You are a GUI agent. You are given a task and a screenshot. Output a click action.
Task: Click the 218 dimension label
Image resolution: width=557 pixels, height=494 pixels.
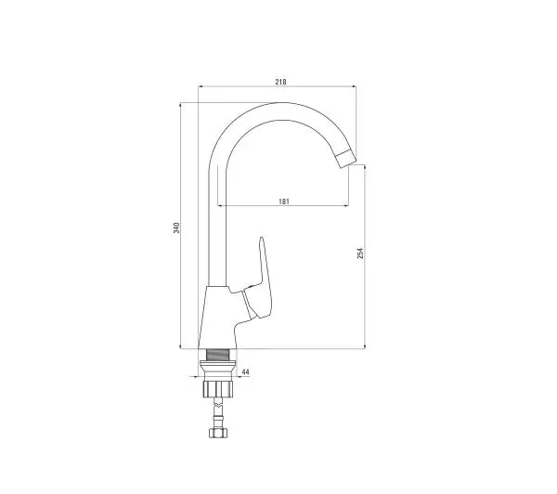pos(280,82)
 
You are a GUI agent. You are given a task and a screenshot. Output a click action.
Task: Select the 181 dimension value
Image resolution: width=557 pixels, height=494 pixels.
pos(284,201)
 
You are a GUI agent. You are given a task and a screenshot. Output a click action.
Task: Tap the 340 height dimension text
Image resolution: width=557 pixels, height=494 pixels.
pos(176,227)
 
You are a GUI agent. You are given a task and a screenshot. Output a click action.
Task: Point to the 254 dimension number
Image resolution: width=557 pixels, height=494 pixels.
pos(360,253)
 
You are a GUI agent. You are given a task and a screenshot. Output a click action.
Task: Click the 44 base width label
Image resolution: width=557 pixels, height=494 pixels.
pos(245,371)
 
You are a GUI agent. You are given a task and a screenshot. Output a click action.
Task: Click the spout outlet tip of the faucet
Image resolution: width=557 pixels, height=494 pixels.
pos(346,159)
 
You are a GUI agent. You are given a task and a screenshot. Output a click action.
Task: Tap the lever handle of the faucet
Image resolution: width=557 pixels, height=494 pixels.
pos(261,280)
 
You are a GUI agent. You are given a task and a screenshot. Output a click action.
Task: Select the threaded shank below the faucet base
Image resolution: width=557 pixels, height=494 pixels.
pos(217,355)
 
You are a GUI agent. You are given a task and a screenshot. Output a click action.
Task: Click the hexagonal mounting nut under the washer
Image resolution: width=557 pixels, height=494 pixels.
pos(217,389)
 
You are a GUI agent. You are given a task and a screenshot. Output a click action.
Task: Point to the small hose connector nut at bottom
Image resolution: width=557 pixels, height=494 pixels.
pos(218,433)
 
